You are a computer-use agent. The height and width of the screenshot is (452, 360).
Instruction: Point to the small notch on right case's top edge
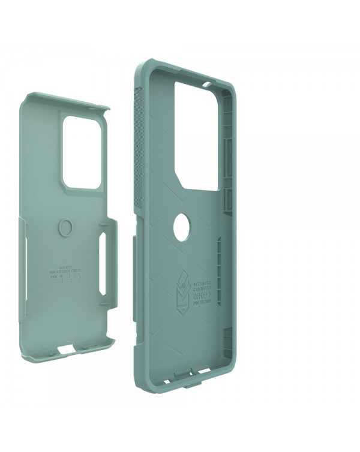[x=207, y=78]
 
